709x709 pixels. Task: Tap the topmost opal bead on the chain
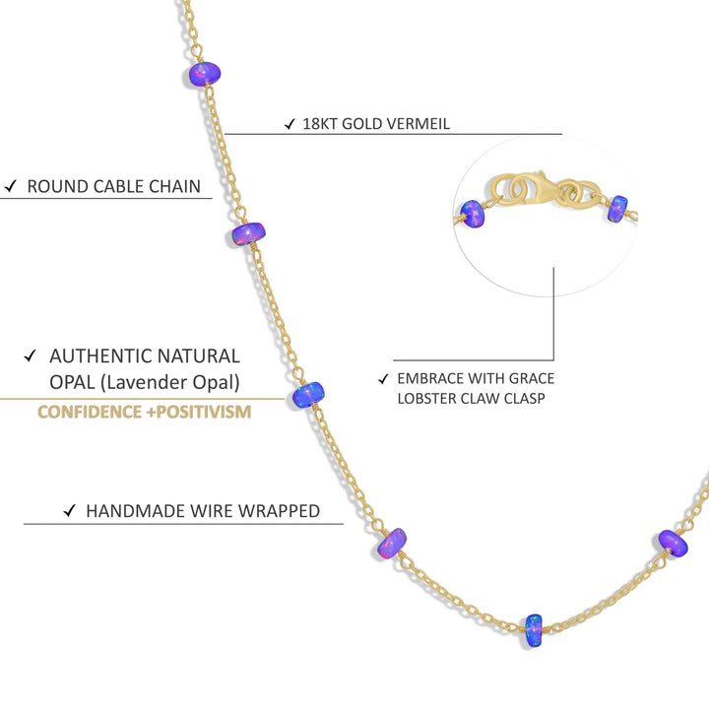point(204,75)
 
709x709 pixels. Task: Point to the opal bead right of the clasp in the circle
point(618,209)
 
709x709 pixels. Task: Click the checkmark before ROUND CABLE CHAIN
point(11,186)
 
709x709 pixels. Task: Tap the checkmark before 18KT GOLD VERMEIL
point(290,124)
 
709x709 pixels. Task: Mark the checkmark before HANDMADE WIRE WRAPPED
point(69,510)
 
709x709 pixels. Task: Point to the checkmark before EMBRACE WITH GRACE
point(383,379)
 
